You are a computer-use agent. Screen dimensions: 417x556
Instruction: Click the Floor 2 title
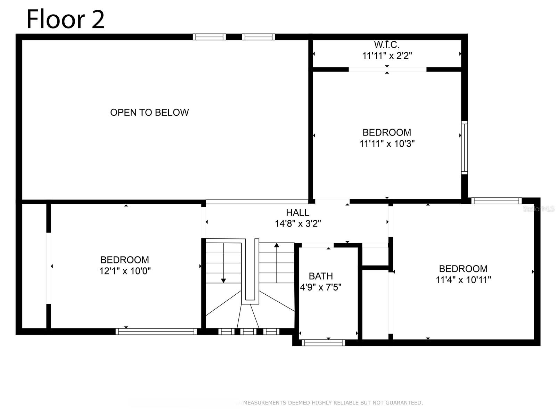65,19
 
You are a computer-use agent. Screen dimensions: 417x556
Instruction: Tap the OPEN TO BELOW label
149,112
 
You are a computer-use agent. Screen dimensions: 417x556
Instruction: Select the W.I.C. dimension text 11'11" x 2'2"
387,56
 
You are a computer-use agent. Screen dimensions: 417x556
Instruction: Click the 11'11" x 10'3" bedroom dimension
387,144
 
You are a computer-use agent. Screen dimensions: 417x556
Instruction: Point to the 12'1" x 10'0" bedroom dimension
125,271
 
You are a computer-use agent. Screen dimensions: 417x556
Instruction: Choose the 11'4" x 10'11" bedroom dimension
463,280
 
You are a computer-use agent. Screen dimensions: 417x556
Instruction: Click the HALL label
297,212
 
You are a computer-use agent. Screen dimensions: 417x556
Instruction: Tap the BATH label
321,276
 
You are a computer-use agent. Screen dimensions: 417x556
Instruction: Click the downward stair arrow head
223,280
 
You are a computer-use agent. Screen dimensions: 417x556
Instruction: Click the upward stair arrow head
277,245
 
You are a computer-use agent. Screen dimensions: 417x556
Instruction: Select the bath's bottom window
323,343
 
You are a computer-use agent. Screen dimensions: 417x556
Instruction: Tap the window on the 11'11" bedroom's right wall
464,147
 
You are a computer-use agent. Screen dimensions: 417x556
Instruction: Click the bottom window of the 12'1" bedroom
156,332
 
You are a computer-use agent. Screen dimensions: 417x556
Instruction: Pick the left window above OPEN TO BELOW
209,37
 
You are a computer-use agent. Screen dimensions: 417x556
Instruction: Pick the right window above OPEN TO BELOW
258,37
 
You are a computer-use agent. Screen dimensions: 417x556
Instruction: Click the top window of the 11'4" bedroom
496,201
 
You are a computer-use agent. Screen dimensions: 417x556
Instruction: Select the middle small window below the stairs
248,332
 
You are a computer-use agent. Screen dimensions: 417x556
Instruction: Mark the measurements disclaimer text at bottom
333,403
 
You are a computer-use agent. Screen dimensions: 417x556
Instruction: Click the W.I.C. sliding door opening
387,69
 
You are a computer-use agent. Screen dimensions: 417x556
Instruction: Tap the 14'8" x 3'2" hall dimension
297,223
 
